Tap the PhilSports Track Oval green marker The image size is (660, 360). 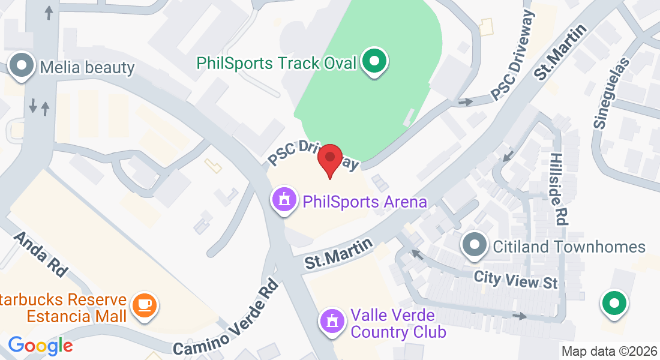[x=375, y=62]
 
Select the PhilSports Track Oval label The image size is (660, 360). [x=277, y=63]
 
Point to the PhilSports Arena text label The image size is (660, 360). [x=365, y=202]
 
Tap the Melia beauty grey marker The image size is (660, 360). [x=23, y=65]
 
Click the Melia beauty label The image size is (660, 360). [x=87, y=67]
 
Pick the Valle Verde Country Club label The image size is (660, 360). [x=398, y=323]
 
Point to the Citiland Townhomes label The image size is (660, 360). [x=569, y=247]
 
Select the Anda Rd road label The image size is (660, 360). [x=40, y=254]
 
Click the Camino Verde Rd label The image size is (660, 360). [x=227, y=317]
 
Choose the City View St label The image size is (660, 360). [x=515, y=279]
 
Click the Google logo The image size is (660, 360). [x=40, y=345]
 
